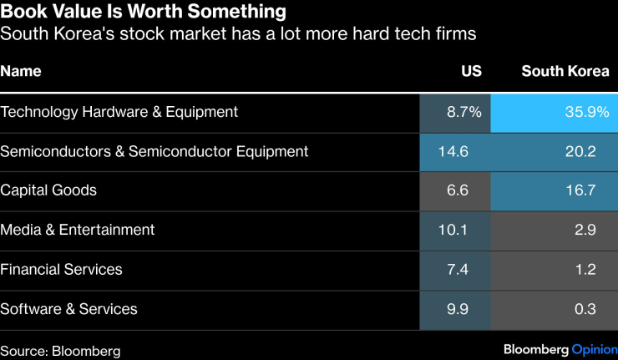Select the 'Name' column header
click(21, 71)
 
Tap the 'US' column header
click(471, 71)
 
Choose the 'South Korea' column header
click(565, 71)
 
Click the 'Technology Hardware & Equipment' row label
click(119, 112)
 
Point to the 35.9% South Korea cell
click(585, 112)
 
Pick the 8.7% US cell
click(464, 112)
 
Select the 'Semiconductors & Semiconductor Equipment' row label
click(154, 152)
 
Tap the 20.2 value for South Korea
click(580, 152)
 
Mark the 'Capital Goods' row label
click(48, 190)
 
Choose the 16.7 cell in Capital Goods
click(580, 190)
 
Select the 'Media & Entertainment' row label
click(78, 230)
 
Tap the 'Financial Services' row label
click(62, 270)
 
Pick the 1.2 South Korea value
click(585, 270)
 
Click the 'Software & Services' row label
click(69, 309)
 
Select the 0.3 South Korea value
click(585, 309)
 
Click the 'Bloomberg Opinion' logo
click(560, 349)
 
